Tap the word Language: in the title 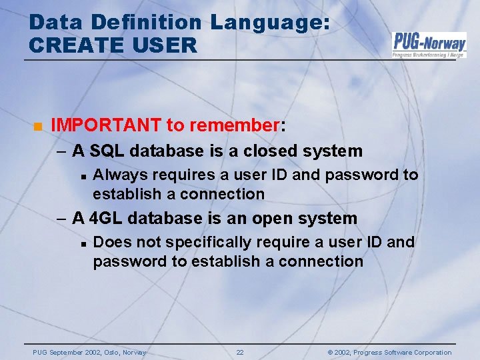(x=269, y=22)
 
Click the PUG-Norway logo (x=429, y=45)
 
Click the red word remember (x=235, y=125)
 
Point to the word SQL (x=107, y=151)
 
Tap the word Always (x=120, y=175)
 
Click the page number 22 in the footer (x=240, y=352)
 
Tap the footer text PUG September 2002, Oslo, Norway (x=89, y=352)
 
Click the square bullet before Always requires (x=80, y=177)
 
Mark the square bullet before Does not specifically (x=80, y=243)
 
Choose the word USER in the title (x=169, y=45)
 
